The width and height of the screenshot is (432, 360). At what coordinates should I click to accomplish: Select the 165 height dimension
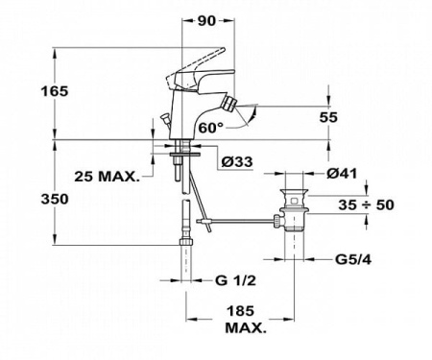(27, 92)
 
